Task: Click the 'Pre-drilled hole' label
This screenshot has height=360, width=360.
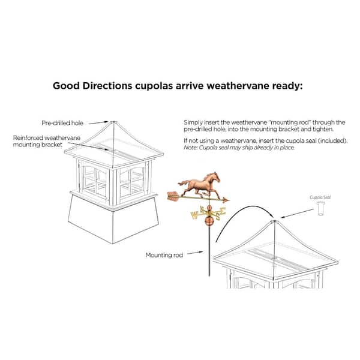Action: coord(62,123)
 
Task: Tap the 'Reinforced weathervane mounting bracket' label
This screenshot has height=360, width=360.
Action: coord(47,141)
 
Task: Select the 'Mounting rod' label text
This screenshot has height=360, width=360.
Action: coord(164,255)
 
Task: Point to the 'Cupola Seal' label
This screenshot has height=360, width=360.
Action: coord(320,197)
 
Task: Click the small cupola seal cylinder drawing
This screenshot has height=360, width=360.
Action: coord(321,208)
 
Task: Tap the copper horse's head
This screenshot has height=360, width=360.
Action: coord(214,176)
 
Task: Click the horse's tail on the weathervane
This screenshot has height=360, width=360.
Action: coord(183,183)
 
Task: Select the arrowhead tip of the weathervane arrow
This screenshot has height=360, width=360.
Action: coord(229,200)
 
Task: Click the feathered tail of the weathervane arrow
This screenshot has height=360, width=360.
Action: coord(173,196)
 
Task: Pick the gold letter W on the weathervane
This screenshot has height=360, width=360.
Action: coord(194,215)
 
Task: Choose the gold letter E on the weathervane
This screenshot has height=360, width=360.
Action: coord(223,211)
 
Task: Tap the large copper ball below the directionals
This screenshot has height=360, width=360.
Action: coord(209,220)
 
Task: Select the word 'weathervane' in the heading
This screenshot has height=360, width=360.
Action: coord(238,86)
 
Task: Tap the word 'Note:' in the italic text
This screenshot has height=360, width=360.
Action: coord(190,148)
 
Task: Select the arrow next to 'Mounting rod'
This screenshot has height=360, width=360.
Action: coord(195,253)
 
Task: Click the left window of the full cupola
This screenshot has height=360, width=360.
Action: coord(95,180)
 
